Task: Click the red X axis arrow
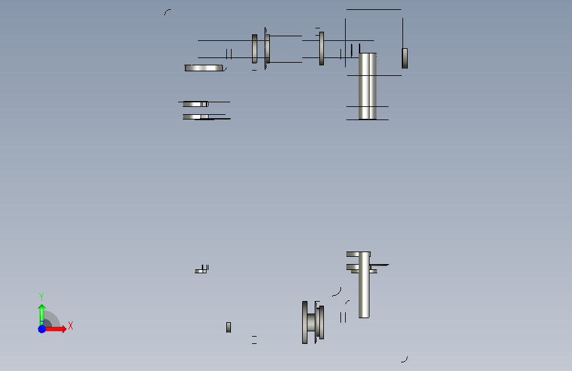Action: coord(55,329)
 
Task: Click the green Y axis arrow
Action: coord(42,315)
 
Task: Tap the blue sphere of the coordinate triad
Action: coord(42,329)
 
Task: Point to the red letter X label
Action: coord(71,325)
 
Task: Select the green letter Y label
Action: coord(42,297)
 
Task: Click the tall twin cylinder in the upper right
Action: coord(367,86)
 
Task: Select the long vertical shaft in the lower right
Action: coord(364,285)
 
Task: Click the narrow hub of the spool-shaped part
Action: coord(311,322)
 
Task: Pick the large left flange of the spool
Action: coord(305,322)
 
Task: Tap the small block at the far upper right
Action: coord(404,58)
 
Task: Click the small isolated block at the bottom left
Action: coord(228,327)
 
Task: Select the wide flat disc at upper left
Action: coord(204,68)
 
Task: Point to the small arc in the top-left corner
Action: coord(167,12)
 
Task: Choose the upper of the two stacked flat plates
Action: coord(195,104)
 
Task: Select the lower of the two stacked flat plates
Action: coord(195,117)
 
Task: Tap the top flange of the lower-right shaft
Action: coord(358,254)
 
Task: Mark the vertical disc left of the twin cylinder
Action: coord(321,49)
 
